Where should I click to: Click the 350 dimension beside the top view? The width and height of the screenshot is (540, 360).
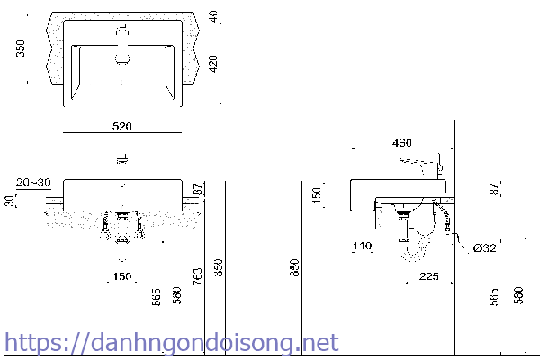21,49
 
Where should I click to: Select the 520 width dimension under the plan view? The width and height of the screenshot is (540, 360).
123,128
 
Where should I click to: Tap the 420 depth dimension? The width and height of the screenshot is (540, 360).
213,65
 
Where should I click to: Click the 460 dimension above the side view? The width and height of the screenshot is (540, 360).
401,143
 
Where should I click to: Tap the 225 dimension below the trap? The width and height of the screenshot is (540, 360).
428,277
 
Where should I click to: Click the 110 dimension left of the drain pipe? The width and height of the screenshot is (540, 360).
362,246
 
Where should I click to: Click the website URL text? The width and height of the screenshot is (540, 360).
171,343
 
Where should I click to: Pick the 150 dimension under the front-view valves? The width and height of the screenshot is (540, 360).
122,275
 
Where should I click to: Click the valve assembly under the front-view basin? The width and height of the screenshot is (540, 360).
122,227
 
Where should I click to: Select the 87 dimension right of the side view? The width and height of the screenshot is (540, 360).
493,189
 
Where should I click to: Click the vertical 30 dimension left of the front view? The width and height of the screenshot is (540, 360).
10,201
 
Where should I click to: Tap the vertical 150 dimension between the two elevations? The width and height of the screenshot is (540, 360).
316,193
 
